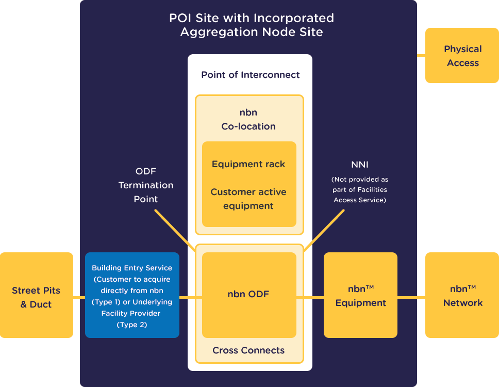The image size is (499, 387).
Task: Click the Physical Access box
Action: (462, 56)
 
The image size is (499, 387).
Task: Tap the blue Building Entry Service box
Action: (132, 295)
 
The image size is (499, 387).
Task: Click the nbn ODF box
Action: (249, 295)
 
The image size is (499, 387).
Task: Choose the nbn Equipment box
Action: (360, 295)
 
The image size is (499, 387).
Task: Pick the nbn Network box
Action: (462, 295)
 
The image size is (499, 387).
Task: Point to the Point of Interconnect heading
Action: (250, 75)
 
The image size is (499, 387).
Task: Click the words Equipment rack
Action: (248, 164)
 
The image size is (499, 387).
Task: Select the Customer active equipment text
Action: (248, 199)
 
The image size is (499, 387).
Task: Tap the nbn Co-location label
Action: (248, 119)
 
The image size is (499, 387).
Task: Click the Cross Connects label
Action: (248, 350)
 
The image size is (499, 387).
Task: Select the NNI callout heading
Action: (359, 165)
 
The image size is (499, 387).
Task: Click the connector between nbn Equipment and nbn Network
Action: (411, 297)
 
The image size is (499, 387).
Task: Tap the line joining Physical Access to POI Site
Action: (421, 55)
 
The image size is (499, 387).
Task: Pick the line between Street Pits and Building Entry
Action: (79, 297)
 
